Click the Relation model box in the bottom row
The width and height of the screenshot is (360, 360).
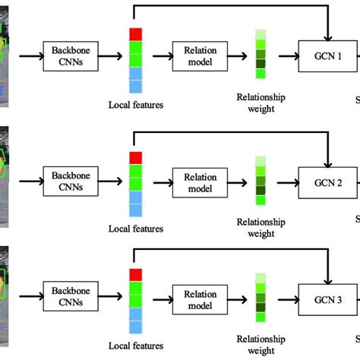[x=200, y=295]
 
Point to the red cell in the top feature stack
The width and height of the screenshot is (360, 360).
[x=136, y=34]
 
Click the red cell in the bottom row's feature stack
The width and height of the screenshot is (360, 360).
[x=136, y=274]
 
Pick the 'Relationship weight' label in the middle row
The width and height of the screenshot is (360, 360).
[x=261, y=228]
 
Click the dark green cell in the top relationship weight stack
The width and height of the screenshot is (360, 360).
[x=261, y=55]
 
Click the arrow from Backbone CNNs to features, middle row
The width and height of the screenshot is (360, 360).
[x=111, y=182]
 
